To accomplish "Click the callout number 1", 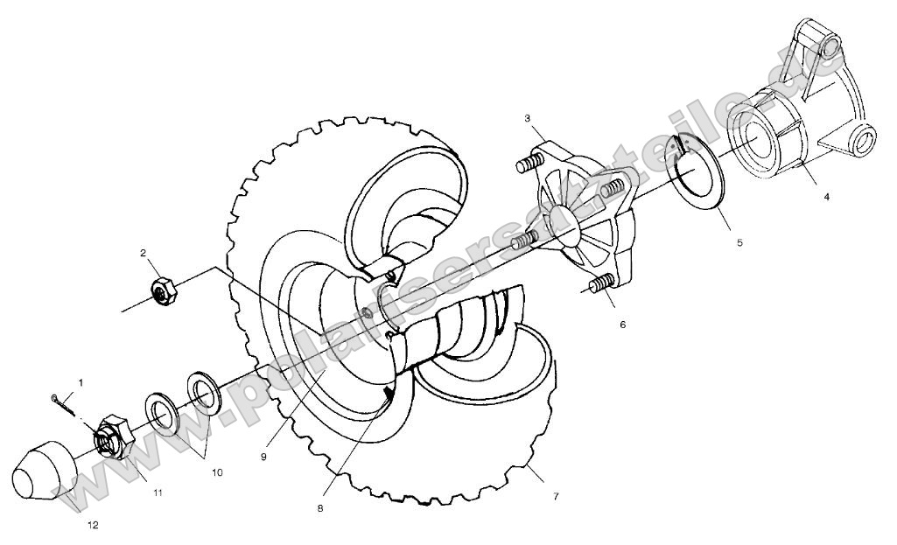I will coord(81,382).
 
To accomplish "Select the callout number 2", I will coord(142,253).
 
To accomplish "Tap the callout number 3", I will coord(528,117).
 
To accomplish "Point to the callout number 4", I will coord(826,197).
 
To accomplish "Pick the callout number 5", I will coord(739,242).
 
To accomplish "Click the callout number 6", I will coord(622,324).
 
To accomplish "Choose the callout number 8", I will coord(320,507).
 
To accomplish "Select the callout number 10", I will coord(216,472).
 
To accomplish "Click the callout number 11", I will coord(158,493).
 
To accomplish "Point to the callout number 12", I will coord(94,525).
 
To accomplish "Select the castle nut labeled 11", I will coord(111,435).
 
